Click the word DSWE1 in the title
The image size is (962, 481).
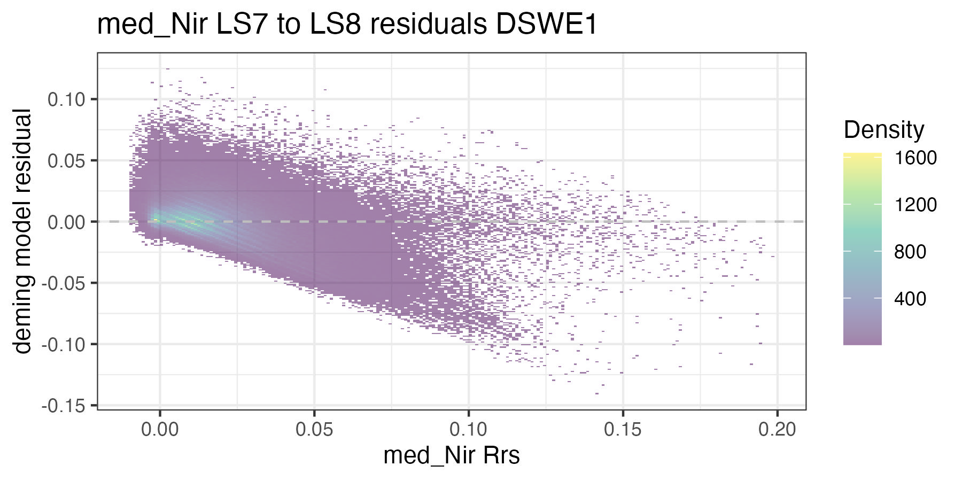[x=546, y=25]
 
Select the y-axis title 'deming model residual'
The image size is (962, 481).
[x=22, y=231]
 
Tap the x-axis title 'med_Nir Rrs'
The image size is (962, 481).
[x=452, y=456]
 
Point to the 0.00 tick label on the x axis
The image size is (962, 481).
[x=159, y=429]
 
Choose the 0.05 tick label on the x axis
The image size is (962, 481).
[x=314, y=429]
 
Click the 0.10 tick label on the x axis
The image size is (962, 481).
[x=468, y=429]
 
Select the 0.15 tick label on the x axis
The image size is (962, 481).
[x=623, y=429]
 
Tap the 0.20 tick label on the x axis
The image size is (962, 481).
[x=777, y=429]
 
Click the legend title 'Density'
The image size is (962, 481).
[x=884, y=130]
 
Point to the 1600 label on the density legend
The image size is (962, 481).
[x=916, y=158]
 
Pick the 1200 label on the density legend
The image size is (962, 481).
[x=916, y=205]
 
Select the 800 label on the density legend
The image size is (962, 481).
[x=910, y=252]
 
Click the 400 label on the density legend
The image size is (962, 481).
[x=910, y=298]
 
